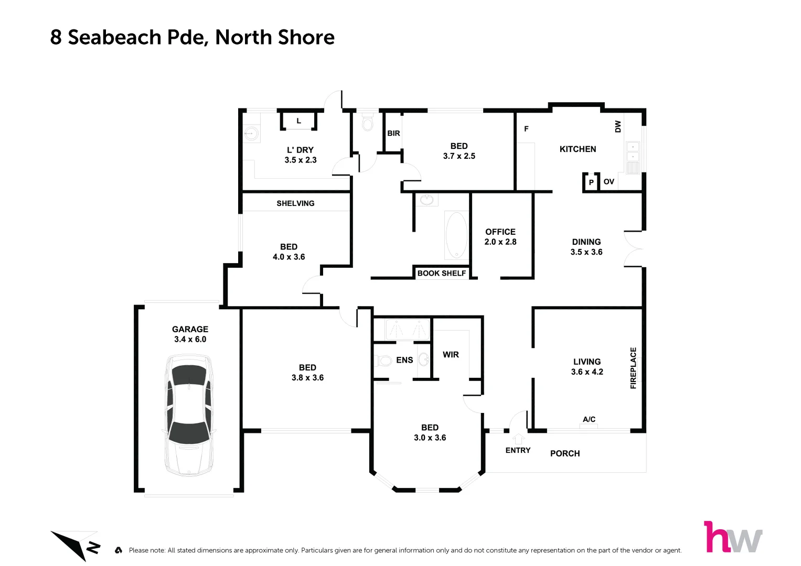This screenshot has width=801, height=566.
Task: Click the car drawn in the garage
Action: click(189, 415)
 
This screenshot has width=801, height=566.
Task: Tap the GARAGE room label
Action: click(190, 330)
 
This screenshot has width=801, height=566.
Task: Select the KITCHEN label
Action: click(578, 149)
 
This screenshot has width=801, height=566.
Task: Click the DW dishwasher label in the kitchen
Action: click(618, 126)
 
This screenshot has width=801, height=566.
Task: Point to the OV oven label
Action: click(608, 182)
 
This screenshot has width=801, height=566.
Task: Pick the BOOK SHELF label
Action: click(441, 273)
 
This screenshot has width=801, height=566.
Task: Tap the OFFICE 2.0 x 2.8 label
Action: click(500, 237)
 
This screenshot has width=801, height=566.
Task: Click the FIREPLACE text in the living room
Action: click(633, 368)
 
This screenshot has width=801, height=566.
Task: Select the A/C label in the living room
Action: click(589, 419)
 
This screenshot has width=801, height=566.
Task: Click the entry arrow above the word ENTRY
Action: click(518, 439)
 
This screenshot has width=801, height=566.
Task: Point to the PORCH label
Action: click(565, 454)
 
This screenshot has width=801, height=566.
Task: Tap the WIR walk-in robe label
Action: click(451, 355)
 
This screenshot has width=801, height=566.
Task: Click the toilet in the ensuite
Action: click(384, 361)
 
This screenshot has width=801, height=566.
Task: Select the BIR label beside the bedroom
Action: click(393, 134)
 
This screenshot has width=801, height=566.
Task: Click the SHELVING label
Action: click(295, 203)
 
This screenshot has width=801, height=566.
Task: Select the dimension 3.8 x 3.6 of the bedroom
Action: click(307, 378)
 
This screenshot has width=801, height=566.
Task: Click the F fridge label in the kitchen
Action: click(526, 129)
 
